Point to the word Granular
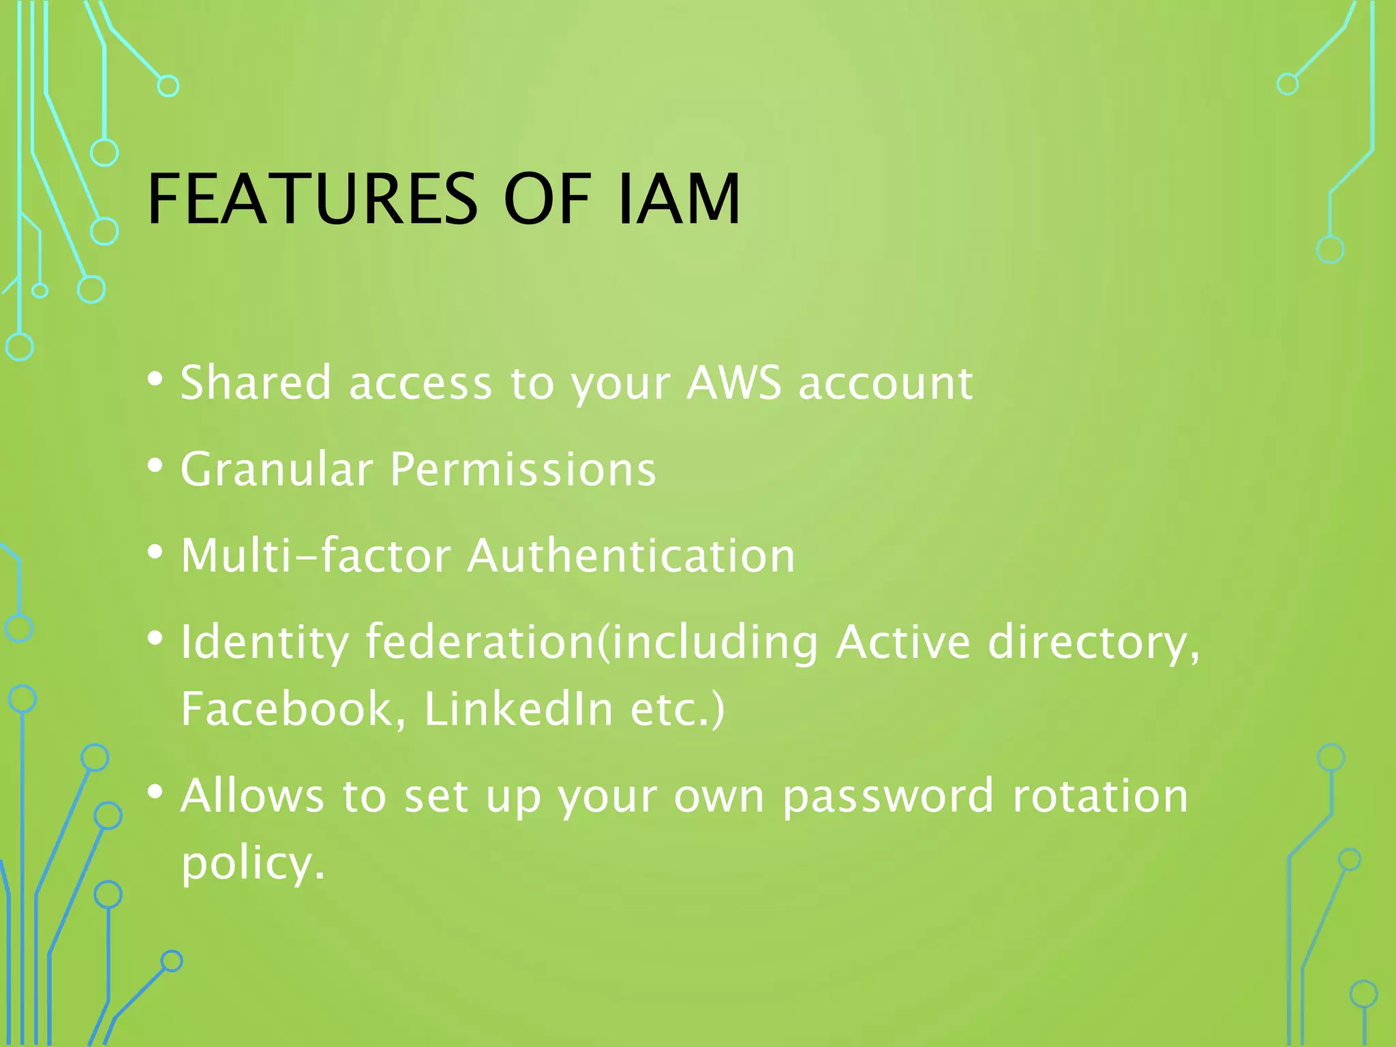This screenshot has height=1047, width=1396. pos(276,469)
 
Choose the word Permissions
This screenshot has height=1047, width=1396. pos(523,469)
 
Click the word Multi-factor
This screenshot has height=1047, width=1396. pos(316,555)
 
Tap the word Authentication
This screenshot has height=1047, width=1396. pos(631,555)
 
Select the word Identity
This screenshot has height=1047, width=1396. pos(264,642)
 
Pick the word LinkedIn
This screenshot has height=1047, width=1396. pos(519,709)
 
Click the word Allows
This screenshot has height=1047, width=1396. pos(252,795)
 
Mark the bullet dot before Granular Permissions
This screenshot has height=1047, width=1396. pos(155,466)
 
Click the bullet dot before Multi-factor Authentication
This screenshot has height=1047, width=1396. pos(155,552)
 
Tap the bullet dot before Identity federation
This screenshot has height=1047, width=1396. pos(155,639)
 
